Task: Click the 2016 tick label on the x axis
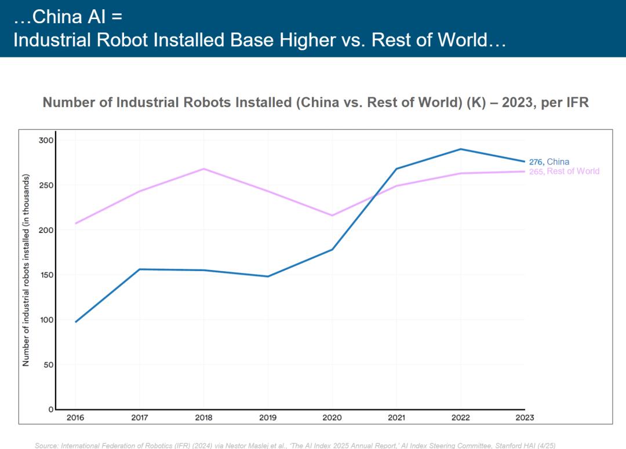point(75,418)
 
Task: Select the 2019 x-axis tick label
point(268,418)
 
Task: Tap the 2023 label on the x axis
point(524,418)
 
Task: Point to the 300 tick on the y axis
point(46,140)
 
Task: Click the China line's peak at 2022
point(460,149)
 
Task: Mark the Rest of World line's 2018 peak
point(204,169)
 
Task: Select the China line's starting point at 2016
point(76,322)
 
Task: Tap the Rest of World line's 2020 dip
point(332,216)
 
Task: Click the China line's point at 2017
point(140,269)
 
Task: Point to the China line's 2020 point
point(332,250)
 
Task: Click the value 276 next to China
point(536,162)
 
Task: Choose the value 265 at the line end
point(536,171)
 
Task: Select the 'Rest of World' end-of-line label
point(573,171)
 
